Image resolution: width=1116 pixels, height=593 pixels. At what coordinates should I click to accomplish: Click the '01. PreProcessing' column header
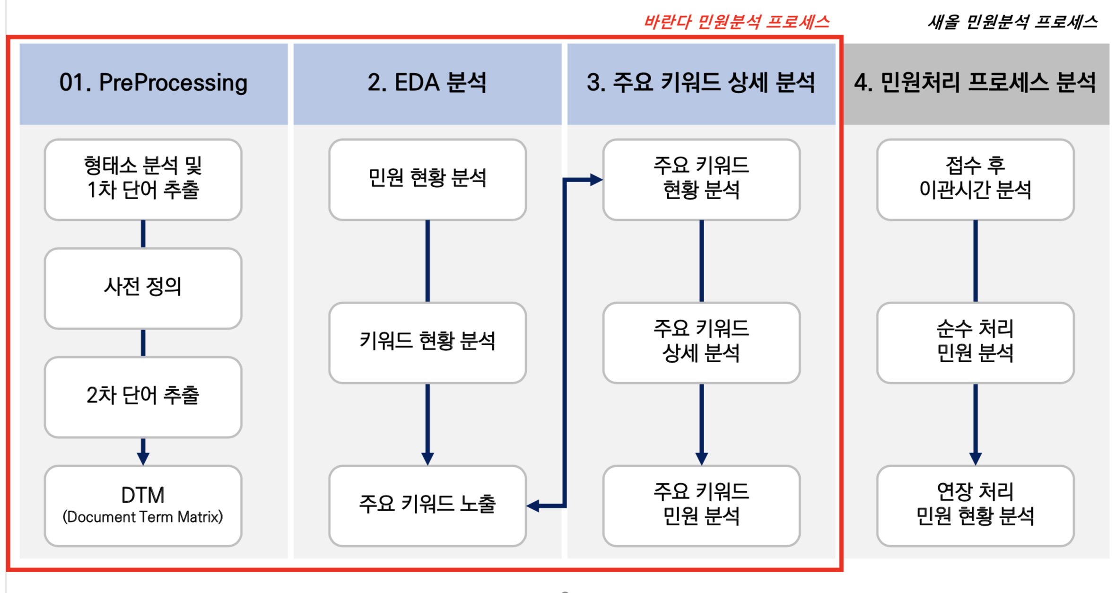coord(153,83)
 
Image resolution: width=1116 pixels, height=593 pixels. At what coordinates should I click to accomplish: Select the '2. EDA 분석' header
coord(427,83)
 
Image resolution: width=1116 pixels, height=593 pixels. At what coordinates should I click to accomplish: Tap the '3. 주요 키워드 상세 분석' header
coord(701,83)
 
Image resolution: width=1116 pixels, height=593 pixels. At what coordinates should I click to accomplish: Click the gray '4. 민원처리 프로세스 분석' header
coord(975,83)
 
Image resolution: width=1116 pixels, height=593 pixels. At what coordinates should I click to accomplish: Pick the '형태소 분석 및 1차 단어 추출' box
coord(143,179)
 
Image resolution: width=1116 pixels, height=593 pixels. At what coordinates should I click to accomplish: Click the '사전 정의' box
coord(143,288)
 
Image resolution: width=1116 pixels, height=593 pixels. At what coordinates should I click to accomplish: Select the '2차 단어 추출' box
coord(143,396)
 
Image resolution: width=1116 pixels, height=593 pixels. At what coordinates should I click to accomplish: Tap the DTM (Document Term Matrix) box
coord(143,505)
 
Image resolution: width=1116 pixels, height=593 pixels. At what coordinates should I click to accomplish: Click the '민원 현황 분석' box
coord(427,179)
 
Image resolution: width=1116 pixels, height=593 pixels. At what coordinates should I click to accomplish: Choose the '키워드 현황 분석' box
coord(427,342)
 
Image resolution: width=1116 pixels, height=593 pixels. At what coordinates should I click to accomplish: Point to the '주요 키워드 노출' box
coord(427,505)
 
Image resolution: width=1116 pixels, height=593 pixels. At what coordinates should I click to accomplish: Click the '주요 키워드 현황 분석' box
coord(701,179)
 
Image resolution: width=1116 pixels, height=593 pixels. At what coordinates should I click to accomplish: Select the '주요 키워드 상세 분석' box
coord(701,342)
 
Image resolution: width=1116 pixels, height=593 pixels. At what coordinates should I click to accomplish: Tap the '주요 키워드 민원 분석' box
coord(701,505)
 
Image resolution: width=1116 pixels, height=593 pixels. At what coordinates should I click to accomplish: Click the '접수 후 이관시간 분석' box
coord(975,179)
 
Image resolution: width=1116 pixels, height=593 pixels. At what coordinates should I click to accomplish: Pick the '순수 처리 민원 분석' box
coord(975,342)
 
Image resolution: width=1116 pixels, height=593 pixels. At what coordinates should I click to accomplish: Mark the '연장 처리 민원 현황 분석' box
coord(975,505)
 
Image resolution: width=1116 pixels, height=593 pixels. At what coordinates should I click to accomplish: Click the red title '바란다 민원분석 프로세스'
coord(737,22)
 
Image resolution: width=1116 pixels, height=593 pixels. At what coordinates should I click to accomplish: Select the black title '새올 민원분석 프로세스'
coord(1012,22)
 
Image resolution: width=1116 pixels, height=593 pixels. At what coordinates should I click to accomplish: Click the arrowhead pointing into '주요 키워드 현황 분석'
coord(596,180)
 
